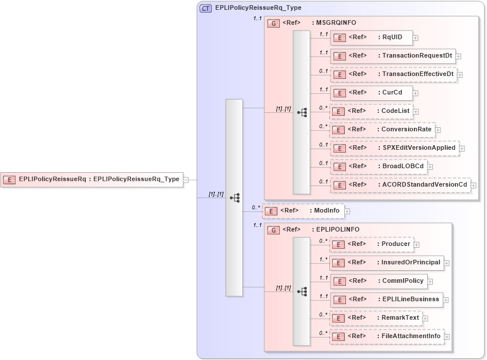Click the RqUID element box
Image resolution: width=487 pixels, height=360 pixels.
pos(371,38)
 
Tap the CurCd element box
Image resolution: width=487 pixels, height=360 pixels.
pos(371,93)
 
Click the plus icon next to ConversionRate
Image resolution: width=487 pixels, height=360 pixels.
pos(438,130)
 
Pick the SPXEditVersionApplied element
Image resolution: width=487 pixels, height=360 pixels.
pos(394,148)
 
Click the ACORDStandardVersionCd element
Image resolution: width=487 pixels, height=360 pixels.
pos(400,185)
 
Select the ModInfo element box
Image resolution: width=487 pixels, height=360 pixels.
pos(303,211)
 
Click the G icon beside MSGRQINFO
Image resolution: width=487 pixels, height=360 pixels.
pos(275,23)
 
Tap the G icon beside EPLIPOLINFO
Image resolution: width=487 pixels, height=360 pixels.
pos(275,230)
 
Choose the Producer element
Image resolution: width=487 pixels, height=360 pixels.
pos(371,244)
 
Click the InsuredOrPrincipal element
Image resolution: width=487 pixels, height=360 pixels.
pos(386,263)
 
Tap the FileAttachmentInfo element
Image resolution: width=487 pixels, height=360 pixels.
pos(386,336)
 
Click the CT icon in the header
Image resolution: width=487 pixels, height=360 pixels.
pos(206,8)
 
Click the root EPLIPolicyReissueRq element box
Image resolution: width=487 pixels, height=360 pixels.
pos(92,180)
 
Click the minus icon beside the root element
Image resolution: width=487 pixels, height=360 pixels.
pos(186,180)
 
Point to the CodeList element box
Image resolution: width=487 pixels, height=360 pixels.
pos(371,111)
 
